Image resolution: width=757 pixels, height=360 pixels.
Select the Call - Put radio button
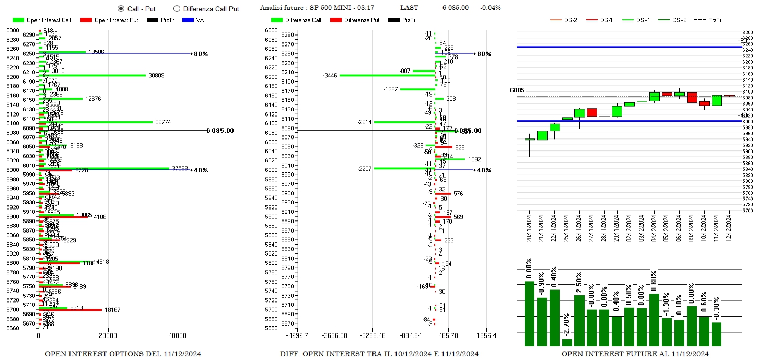point(121,9)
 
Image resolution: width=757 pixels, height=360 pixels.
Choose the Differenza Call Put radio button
point(177,9)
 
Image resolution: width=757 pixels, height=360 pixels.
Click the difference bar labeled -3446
point(387,75)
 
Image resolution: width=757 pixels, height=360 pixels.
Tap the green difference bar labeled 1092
point(450,159)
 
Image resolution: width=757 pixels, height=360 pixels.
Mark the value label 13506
point(96,52)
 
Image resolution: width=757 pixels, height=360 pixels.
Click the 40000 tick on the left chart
point(177,335)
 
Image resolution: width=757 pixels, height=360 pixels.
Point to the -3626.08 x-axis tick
point(335,335)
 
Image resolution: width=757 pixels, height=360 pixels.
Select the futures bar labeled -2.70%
point(567,342)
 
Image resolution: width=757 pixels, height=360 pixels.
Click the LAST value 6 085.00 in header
point(455,8)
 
